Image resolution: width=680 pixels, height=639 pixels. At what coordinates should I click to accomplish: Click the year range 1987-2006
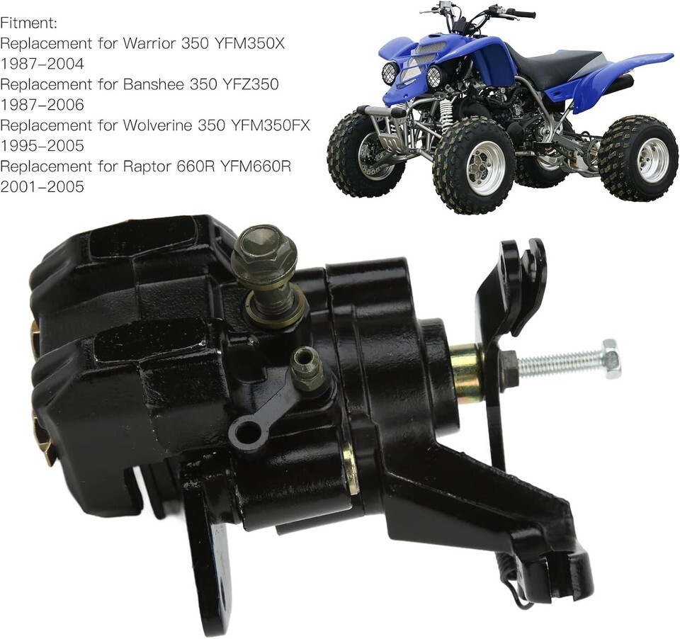(42, 105)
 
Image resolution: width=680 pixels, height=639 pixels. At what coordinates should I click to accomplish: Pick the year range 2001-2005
(42, 187)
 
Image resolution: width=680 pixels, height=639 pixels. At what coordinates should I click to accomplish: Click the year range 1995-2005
(42, 146)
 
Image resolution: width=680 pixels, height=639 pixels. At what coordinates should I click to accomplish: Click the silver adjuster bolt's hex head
(611, 358)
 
